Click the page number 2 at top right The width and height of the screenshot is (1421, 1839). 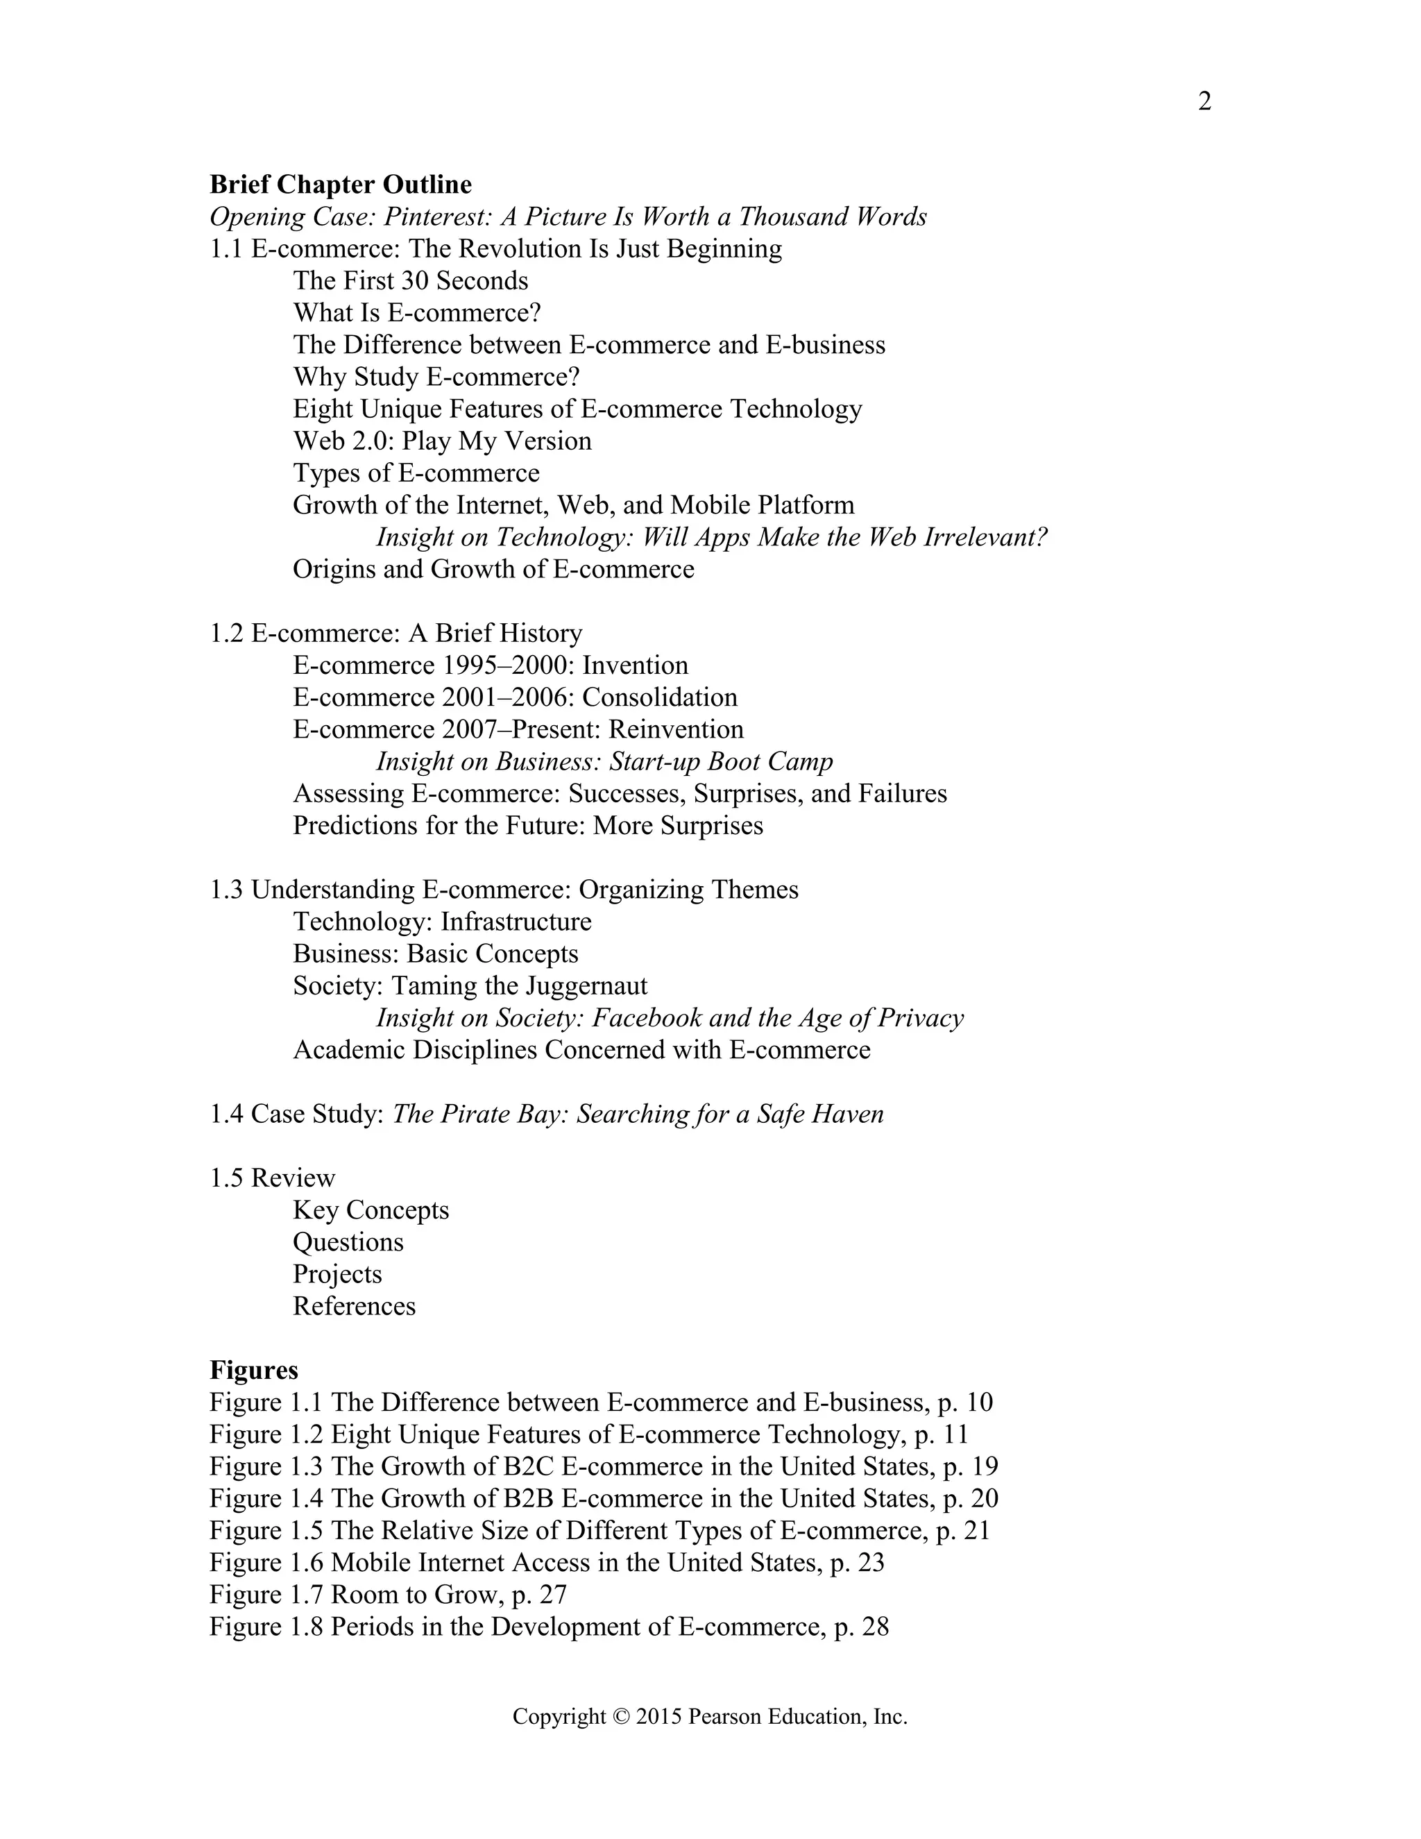[1204, 102]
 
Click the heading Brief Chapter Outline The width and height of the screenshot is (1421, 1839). [340, 185]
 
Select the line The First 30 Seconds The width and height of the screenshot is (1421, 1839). [410, 281]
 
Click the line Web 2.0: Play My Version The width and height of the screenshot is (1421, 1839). [442, 441]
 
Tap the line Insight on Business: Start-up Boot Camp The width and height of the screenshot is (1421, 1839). [604, 761]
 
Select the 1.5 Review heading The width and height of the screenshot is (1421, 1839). [272, 1178]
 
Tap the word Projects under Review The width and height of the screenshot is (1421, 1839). [337, 1274]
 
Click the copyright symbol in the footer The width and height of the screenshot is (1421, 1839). [621, 1717]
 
